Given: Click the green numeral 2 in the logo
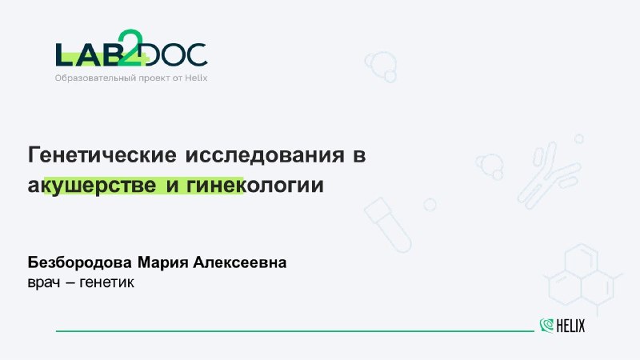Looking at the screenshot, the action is tap(130, 48).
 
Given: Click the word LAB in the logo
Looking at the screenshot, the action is tap(87, 54).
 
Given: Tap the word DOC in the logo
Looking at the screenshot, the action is tap(176, 54).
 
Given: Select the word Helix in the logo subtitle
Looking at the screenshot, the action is tap(196, 78).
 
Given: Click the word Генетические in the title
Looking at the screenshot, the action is tap(102, 154).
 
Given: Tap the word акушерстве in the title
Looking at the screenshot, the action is tap(92, 186).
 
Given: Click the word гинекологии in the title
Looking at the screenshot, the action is tap(255, 186).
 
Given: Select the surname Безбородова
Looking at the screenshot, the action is tap(79, 262).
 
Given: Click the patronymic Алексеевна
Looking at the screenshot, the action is tap(239, 262).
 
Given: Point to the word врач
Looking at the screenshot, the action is tap(44, 282).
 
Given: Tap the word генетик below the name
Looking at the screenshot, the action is tap(107, 282).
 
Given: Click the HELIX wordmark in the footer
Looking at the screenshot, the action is tap(570, 326).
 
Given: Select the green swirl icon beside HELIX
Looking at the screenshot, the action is tap(546, 326).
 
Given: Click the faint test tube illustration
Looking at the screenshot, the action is tap(388, 225).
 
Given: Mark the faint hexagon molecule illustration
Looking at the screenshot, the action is tap(582, 278).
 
